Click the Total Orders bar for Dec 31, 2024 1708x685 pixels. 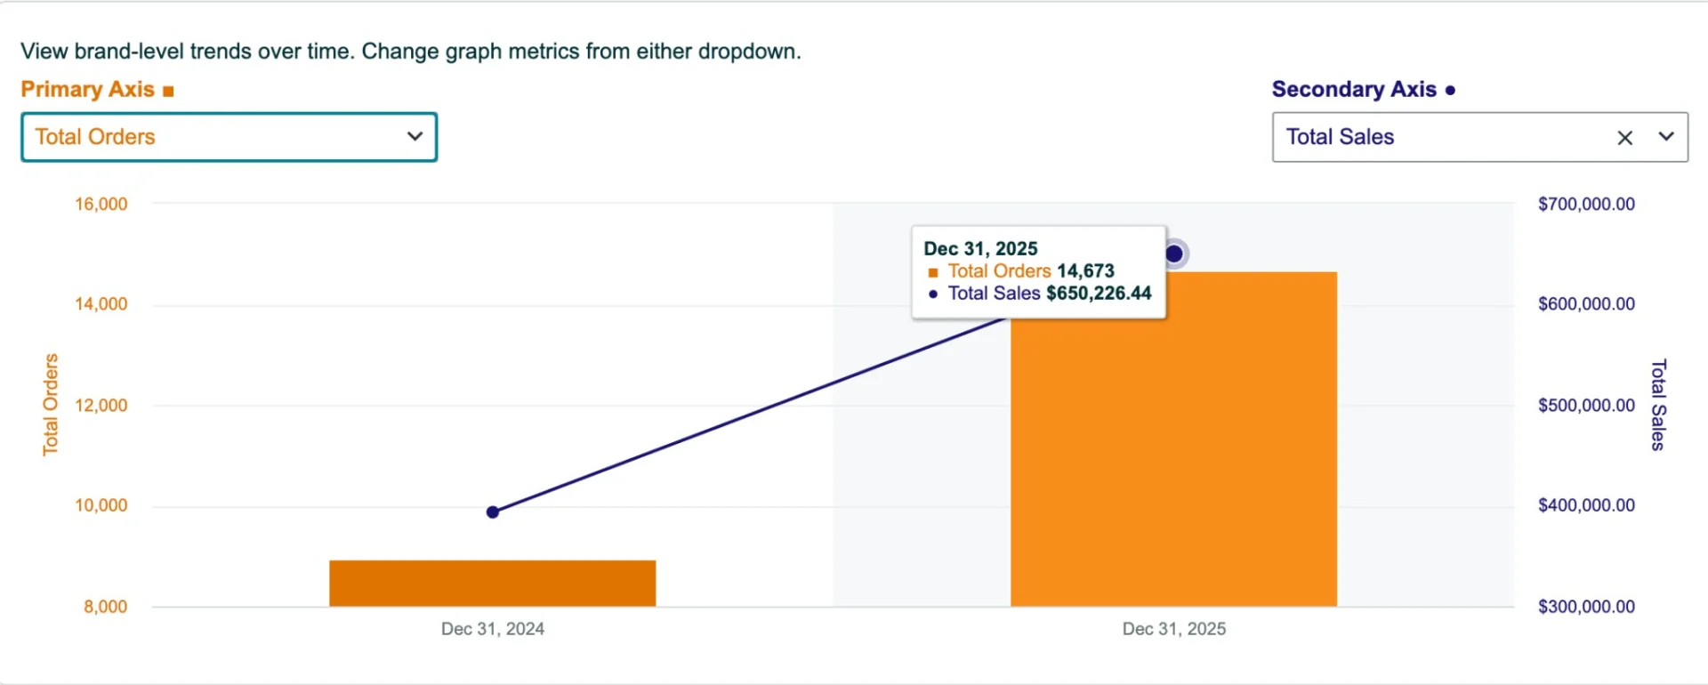click(x=492, y=584)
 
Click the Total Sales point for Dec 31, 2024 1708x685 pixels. click(x=493, y=512)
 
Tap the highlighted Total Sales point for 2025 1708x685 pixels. click(x=1174, y=254)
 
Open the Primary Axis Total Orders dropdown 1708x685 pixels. click(x=229, y=137)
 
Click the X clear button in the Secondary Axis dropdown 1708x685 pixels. click(x=1624, y=138)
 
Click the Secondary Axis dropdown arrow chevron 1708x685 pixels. click(x=1666, y=137)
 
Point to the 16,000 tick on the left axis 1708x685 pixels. click(x=101, y=205)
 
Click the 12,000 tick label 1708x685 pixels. click(x=101, y=406)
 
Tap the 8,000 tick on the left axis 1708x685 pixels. click(x=106, y=607)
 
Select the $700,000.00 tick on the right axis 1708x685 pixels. click(x=1586, y=205)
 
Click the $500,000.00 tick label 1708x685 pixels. click(x=1586, y=406)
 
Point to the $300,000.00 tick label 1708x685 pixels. click(x=1586, y=607)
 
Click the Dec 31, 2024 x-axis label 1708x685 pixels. click(x=493, y=629)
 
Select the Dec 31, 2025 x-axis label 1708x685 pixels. click(x=1173, y=629)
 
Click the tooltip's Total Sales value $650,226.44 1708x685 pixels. click(x=1099, y=294)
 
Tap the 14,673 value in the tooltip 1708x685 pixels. click(x=1085, y=271)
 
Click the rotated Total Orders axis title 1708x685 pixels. click(x=51, y=405)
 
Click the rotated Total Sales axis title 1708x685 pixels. click(x=1658, y=405)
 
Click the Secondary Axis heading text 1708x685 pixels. click(x=1354, y=90)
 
